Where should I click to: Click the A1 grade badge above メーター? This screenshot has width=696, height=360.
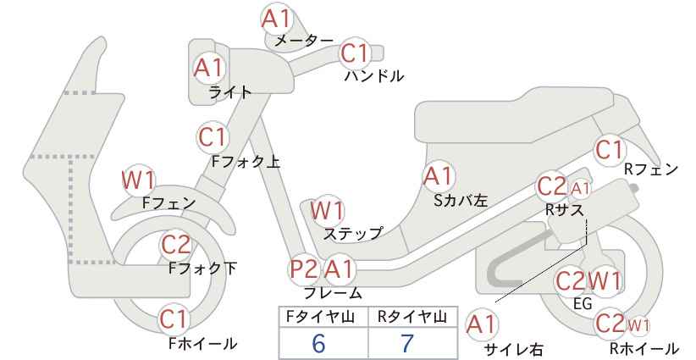(x=276, y=19)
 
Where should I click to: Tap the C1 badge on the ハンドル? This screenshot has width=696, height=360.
(x=355, y=53)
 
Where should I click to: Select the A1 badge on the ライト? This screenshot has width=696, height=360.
(x=209, y=68)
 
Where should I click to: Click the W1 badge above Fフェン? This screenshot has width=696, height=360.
(x=139, y=180)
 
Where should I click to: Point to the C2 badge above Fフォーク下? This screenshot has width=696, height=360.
(x=176, y=245)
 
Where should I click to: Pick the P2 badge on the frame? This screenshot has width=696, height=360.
(x=304, y=269)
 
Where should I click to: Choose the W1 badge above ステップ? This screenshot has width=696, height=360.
(x=327, y=210)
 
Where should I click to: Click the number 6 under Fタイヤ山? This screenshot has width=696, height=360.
(x=318, y=343)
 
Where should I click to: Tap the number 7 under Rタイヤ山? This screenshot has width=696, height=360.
(x=407, y=343)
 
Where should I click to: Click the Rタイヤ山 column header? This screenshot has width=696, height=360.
(x=412, y=317)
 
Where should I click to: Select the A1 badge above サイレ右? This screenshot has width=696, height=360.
(x=482, y=324)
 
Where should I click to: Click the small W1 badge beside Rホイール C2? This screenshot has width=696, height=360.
(x=638, y=326)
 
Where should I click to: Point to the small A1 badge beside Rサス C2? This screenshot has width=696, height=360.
(x=581, y=189)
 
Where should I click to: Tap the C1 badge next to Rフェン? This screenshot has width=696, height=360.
(x=610, y=150)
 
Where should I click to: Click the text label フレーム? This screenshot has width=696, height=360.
(x=333, y=293)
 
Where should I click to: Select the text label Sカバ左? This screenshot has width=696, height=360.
(x=461, y=201)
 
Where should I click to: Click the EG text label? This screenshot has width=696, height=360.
(x=583, y=304)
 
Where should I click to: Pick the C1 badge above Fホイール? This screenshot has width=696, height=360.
(x=175, y=319)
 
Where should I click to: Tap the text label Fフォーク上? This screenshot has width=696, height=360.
(x=246, y=162)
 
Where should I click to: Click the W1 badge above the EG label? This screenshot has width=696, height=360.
(x=605, y=281)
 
